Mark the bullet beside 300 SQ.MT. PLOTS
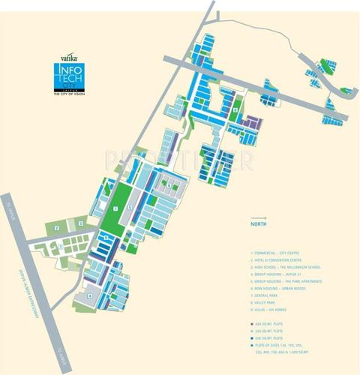[x=252, y=329]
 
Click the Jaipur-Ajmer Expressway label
[x=31, y=292]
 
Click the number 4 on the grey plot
[x=90, y=295]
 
